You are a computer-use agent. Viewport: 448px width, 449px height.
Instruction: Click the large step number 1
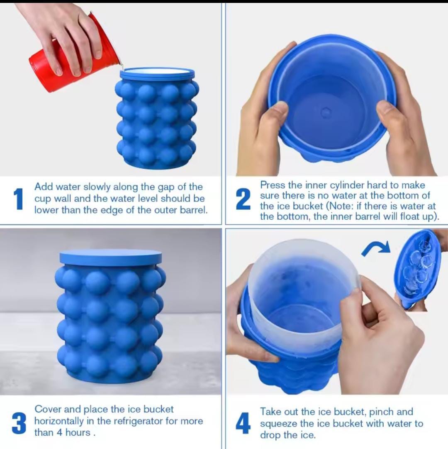pyautogui.click(x=18, y=199)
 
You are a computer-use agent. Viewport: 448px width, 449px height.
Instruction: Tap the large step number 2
pyautogui.click(x=243, y=199)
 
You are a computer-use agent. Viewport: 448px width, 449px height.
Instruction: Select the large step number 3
pyautogui.click(x=19, y=423)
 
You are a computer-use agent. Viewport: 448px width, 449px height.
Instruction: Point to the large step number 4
pyautogui.click(x=243, y=424)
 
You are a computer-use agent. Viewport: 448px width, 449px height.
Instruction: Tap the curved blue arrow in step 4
pyautogui.click(x=375, y=248)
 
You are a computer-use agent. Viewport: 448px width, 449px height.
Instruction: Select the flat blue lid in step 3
pyautogui.click(x=110, y=257)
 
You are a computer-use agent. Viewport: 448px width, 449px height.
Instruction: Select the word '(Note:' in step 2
pyautogui.click(x=341, y=206)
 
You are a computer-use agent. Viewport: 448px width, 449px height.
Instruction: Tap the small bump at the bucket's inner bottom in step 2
pyautogui.click(x=326, y=112)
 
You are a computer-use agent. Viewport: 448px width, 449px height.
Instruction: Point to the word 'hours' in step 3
pyautogui.click(x=78, y=432)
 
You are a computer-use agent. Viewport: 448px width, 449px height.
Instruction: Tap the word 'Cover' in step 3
pyautogui.click(x=48, y=409)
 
